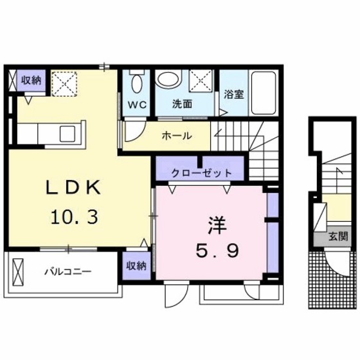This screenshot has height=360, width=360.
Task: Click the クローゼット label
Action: [x=192, y=173]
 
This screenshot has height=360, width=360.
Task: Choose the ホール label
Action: [x=175, y=136]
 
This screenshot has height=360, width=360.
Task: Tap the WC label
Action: [x=137, y=103]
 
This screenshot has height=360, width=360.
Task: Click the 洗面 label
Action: [x=182, y=103]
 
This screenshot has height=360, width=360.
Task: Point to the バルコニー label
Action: [x=67, y=271]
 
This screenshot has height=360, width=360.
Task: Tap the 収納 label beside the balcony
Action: [x=136, y=265]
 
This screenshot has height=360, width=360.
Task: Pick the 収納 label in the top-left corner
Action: [x=30, y=80]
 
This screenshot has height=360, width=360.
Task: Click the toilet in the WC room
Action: [x=137, y=84]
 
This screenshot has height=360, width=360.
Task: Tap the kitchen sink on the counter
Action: [x=67, y=134]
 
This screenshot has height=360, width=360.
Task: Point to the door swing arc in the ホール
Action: [x=133, y=130]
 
